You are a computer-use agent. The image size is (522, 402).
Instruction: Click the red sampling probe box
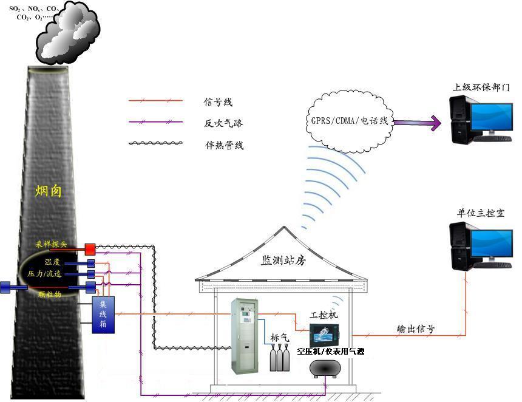coord(90,248)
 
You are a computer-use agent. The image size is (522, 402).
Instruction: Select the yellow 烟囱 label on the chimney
coord(49,192)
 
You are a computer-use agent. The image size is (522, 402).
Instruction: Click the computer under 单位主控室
coord(478,247)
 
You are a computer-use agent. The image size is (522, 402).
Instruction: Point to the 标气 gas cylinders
coord(280,358)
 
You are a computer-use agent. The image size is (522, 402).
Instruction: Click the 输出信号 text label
coord(415,329)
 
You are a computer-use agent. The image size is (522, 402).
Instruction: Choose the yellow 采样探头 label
coord(55,244)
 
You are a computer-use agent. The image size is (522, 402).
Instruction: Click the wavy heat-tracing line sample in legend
coord(155,145)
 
